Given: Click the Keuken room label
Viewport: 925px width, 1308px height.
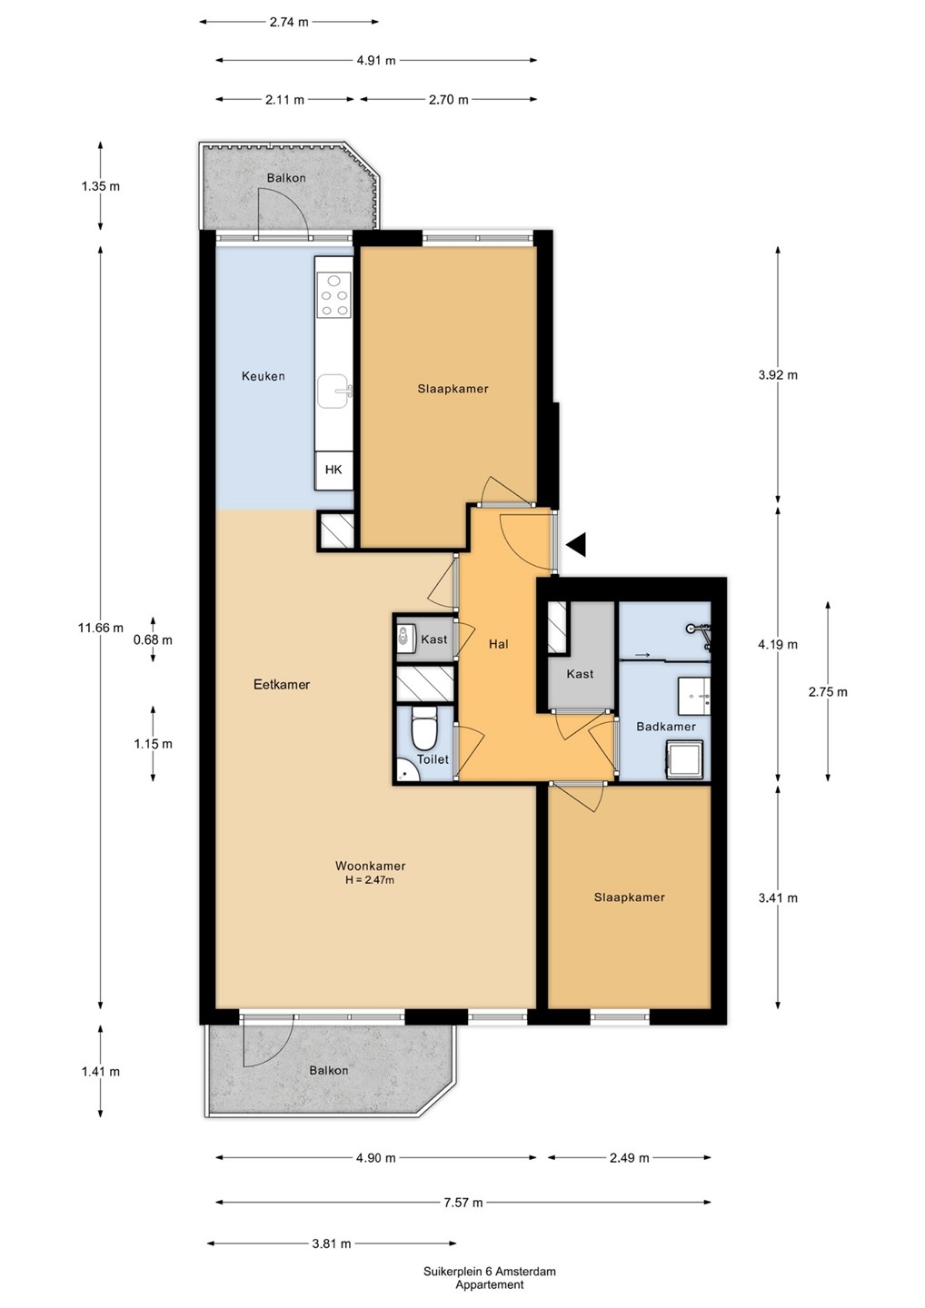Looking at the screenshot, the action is pos(264,376).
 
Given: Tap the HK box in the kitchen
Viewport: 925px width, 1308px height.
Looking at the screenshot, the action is pos(333,471).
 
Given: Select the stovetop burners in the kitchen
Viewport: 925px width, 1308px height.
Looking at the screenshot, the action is pos(334,295).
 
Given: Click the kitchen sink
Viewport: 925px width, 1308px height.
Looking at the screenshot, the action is pos(334,391).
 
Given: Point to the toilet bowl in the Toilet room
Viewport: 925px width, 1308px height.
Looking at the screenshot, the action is pos(424,728).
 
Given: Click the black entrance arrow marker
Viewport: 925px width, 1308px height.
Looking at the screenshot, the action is pos(576,544).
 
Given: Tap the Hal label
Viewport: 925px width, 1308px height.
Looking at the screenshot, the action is pos(498,643).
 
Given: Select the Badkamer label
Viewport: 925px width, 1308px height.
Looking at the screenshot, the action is pos(666,727).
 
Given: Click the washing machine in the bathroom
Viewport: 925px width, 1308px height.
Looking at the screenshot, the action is pos(684,758).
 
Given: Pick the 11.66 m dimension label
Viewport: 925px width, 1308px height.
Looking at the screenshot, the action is pos(101,628).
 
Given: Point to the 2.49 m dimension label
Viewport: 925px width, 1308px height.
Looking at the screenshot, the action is pos(630,1158).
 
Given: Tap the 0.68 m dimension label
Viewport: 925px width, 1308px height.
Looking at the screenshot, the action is pos(153,639).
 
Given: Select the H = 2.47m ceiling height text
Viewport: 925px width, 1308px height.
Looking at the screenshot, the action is pos(370,880).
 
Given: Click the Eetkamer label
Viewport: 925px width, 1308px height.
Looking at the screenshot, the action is pos(282,684).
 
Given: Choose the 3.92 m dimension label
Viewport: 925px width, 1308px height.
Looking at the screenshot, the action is pos(778,375).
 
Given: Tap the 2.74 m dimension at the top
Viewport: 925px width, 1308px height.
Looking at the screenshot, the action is pos(288,22).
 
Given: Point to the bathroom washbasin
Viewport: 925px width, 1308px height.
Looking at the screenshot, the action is pos(694,696).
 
